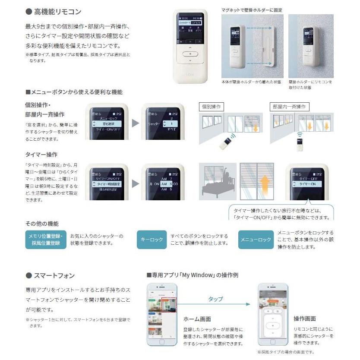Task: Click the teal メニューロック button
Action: click(x=256, y=239)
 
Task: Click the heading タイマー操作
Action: click(x=41, y=154)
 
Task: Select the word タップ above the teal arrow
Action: click(x=215, y=299)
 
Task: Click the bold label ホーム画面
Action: click(x=197, y=319)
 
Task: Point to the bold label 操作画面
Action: click(x=304, y=319)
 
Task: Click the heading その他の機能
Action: click(x=41, y=224)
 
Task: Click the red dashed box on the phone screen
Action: click(x=167, y=310)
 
